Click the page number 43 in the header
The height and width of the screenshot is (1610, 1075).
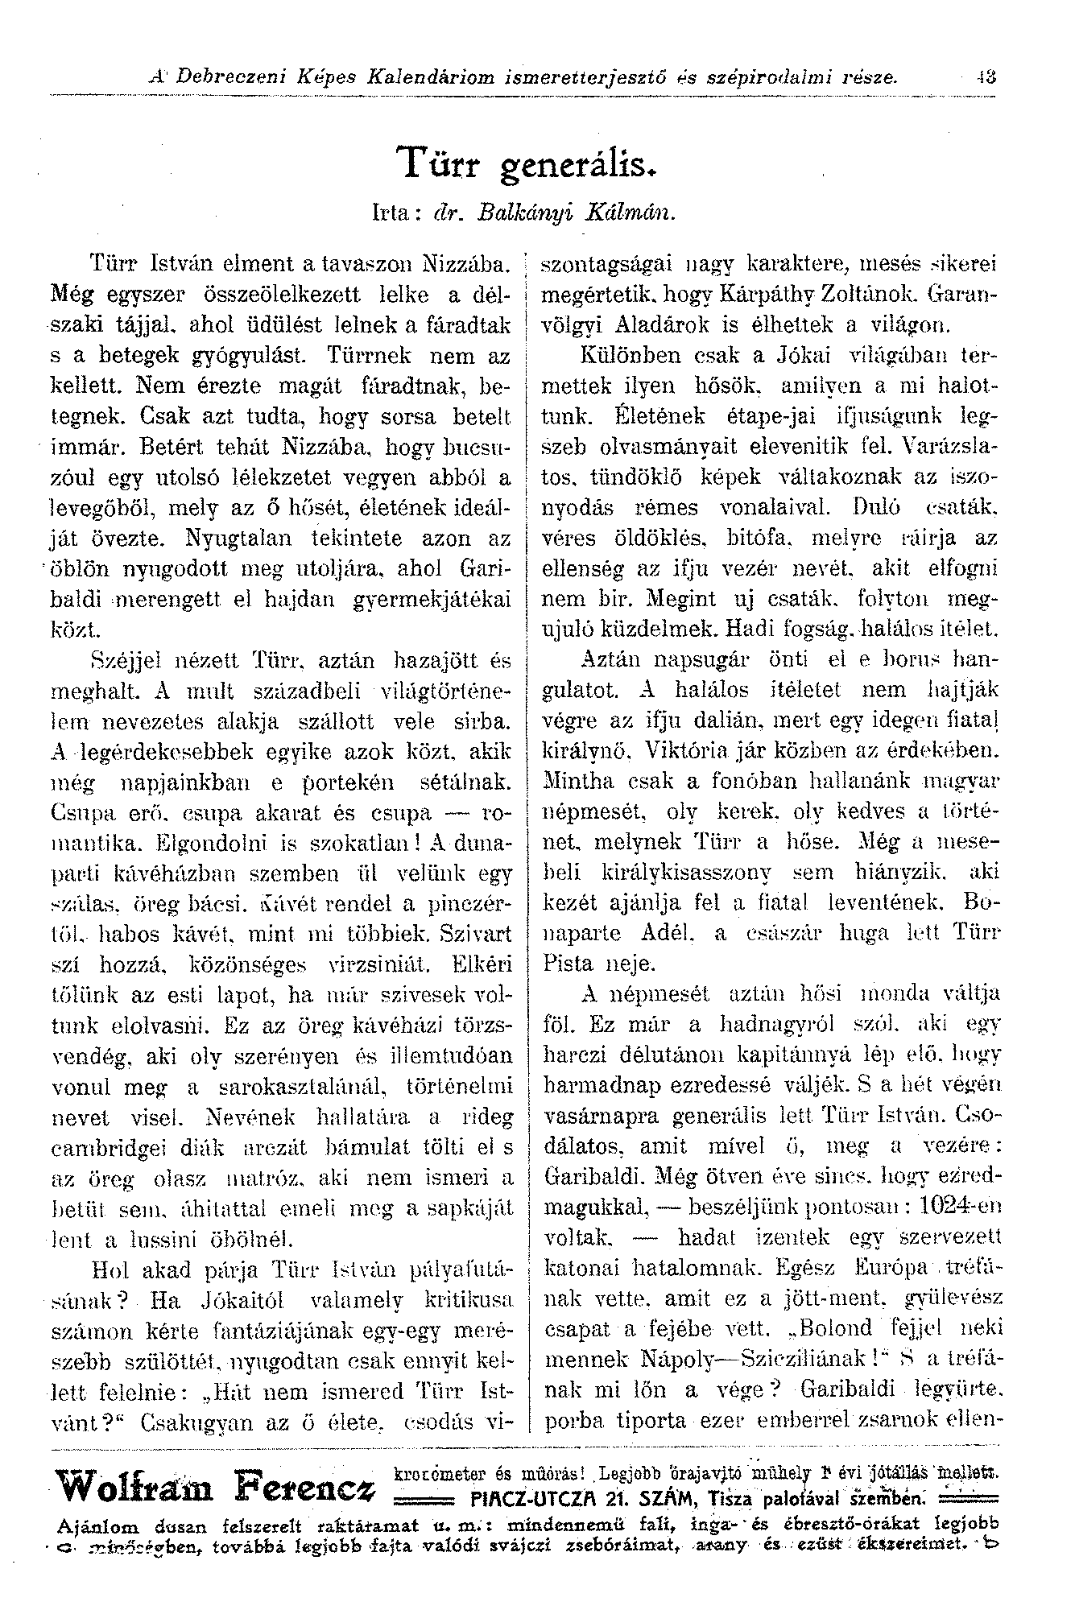coord(982,78)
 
